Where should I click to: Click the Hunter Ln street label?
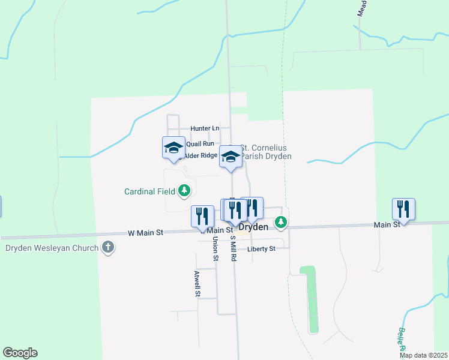[x=205, y=128]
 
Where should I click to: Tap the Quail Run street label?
[x=200, y=144]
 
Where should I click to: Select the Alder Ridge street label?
[x=200, y=155]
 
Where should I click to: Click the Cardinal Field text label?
[x=149, y=192]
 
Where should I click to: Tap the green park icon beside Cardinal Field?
[x=184, y=191]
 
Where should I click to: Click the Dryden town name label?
[x=253, y=228]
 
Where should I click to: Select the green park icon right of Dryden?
[x=280, y=223]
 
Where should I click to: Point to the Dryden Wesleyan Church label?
[x=51, y=247]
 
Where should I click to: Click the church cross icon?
[x=108, y=247]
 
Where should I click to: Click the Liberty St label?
[x=261, y=248]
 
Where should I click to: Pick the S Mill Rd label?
[x=234, y=248]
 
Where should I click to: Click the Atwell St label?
[x=196, y=284]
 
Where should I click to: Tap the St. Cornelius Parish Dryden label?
[x=265, y=152]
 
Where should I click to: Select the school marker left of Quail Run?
[x=173, y=148]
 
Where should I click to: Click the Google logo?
[x=20, y=353]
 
